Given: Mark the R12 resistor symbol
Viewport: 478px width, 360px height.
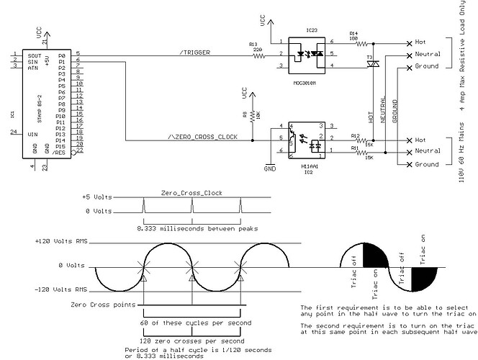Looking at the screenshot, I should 354,139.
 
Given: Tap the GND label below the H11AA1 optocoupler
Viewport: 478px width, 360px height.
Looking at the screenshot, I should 270,170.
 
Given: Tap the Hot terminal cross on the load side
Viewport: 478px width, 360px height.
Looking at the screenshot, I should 409,42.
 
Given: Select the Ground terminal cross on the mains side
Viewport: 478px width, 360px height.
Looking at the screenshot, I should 409,165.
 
